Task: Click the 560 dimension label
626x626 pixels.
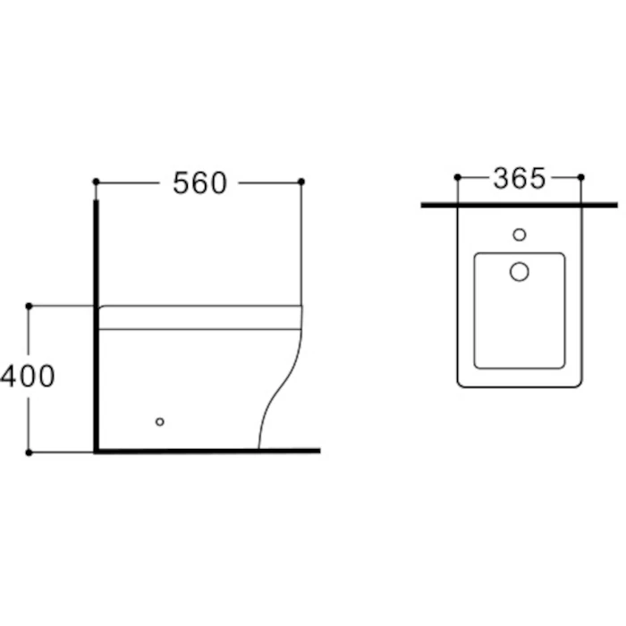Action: tap(199, 182)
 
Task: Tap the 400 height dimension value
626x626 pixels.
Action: tap(27, 376)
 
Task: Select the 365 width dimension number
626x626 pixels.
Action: tap(520, 178)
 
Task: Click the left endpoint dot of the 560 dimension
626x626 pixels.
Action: tap(96, 182)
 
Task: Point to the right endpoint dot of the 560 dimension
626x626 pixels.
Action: tap(301, 182)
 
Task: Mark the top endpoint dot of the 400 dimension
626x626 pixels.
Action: tap(29, 306)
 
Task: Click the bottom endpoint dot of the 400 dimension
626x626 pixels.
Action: tap(29, 453)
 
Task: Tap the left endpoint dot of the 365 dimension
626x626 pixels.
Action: tap(458, 177)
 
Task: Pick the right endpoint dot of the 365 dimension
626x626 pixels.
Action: tap(581, 177)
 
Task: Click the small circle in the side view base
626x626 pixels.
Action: tap(160, 421)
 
